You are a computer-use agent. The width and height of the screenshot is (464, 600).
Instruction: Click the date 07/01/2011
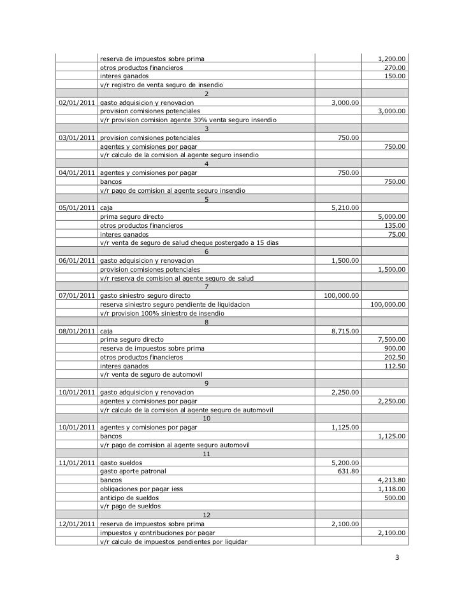pyautogui.click(x=76, y=295)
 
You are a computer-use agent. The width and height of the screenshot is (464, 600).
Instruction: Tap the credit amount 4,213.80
pyautogui.click(x=391, y=480)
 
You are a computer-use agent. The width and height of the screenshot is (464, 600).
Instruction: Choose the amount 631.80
pyautogui.click(x=348, y=471)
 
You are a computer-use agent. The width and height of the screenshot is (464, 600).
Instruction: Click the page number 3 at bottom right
pyautogui.click(x=397, y=559)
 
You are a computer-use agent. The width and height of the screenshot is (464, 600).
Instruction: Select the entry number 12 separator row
pyautogui.click(x=206, y=515)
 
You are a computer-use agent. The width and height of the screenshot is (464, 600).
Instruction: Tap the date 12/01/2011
pyautogui.click(x=76, y=524)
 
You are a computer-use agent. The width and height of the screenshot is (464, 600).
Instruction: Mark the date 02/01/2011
pyautogui.click(x=76, y=102)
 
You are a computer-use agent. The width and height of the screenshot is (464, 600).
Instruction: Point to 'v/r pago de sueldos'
pyautogui.click(x=131, y=506)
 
